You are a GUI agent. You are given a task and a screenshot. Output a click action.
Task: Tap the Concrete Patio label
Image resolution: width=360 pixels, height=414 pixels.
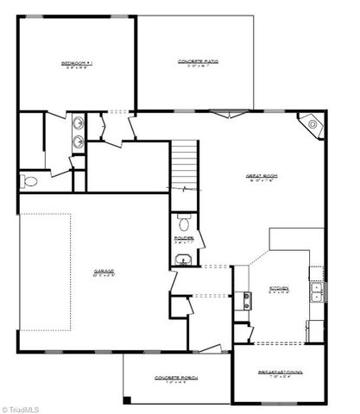pyautogui.click(x=197, y=61)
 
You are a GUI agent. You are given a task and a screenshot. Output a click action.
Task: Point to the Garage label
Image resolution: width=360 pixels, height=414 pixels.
pyautogui.click(x=104, y=273)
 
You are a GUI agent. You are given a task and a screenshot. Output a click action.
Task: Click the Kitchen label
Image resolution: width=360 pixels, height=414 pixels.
pyautogui.click(x=279, y=289)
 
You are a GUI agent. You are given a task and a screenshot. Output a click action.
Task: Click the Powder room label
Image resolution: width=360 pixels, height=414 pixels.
pyautogui.click(x=183, y=238)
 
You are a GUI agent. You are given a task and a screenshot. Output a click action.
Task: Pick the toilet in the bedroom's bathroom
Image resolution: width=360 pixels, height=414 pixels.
pyautogui.click(x=29, y=181)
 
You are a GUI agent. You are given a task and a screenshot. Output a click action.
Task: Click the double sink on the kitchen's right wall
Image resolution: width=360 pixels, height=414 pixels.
pyautogui.click(x=318, y=298)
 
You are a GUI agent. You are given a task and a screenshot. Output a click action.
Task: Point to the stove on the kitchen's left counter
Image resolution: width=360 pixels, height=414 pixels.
pyautogui.click(x=246, y=300)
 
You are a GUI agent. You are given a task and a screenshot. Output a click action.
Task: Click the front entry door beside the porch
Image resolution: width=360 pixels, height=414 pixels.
pyautogui.click(x=211, y=348)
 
